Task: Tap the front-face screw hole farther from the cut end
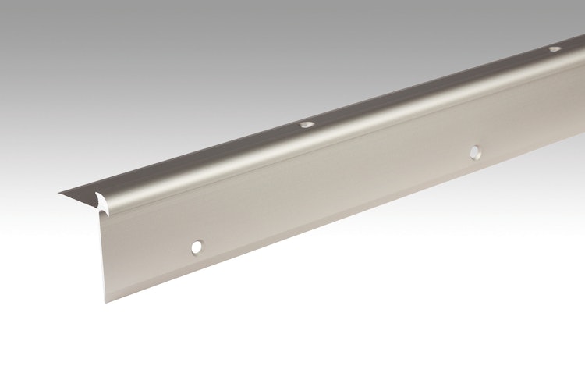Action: point(474,151)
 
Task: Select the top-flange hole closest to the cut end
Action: point(306,124)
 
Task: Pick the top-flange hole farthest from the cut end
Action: point(555,49)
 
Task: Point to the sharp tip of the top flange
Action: point(59,195)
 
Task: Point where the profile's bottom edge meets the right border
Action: point(583,158)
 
